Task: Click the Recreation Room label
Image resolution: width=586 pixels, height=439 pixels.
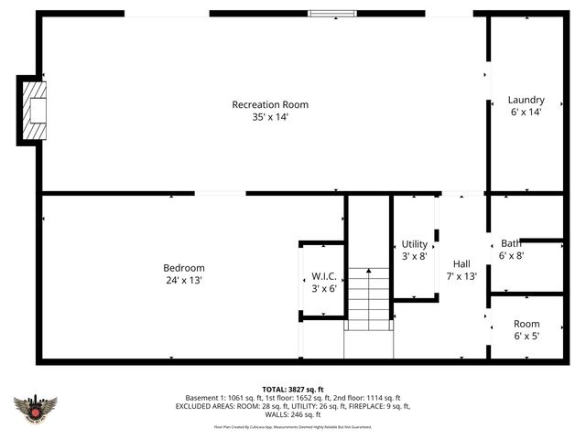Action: pos(264,104)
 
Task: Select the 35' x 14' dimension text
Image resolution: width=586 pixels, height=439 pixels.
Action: pos(264,117)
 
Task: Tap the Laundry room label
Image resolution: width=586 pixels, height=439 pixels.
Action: pos(526,100)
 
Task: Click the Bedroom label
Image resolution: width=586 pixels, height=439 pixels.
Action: pos(184,268)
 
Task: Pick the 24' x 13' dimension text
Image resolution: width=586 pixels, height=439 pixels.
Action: pos(184,281)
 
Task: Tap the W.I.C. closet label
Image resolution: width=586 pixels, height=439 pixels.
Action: pos(324,275)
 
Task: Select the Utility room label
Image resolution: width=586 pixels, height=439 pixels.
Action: pos(415,244)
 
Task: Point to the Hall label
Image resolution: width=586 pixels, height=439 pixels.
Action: pos(461,262)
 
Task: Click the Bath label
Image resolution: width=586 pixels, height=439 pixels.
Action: pos(511,243)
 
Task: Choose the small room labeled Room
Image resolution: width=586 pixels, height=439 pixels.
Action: pos(526,324)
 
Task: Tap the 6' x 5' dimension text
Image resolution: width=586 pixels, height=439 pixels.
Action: pos(526,337)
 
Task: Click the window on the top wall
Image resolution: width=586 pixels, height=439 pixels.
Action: pos(323,14)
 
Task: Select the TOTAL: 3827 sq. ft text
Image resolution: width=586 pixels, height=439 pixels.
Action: pos(293,389)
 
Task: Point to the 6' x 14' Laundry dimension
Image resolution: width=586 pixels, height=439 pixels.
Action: pos(526,112)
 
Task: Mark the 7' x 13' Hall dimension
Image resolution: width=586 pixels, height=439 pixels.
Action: pos(461,275)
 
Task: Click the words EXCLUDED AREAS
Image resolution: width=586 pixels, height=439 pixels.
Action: pos(207,406)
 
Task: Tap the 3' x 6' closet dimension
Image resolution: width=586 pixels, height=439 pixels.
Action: pos(324,288)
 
